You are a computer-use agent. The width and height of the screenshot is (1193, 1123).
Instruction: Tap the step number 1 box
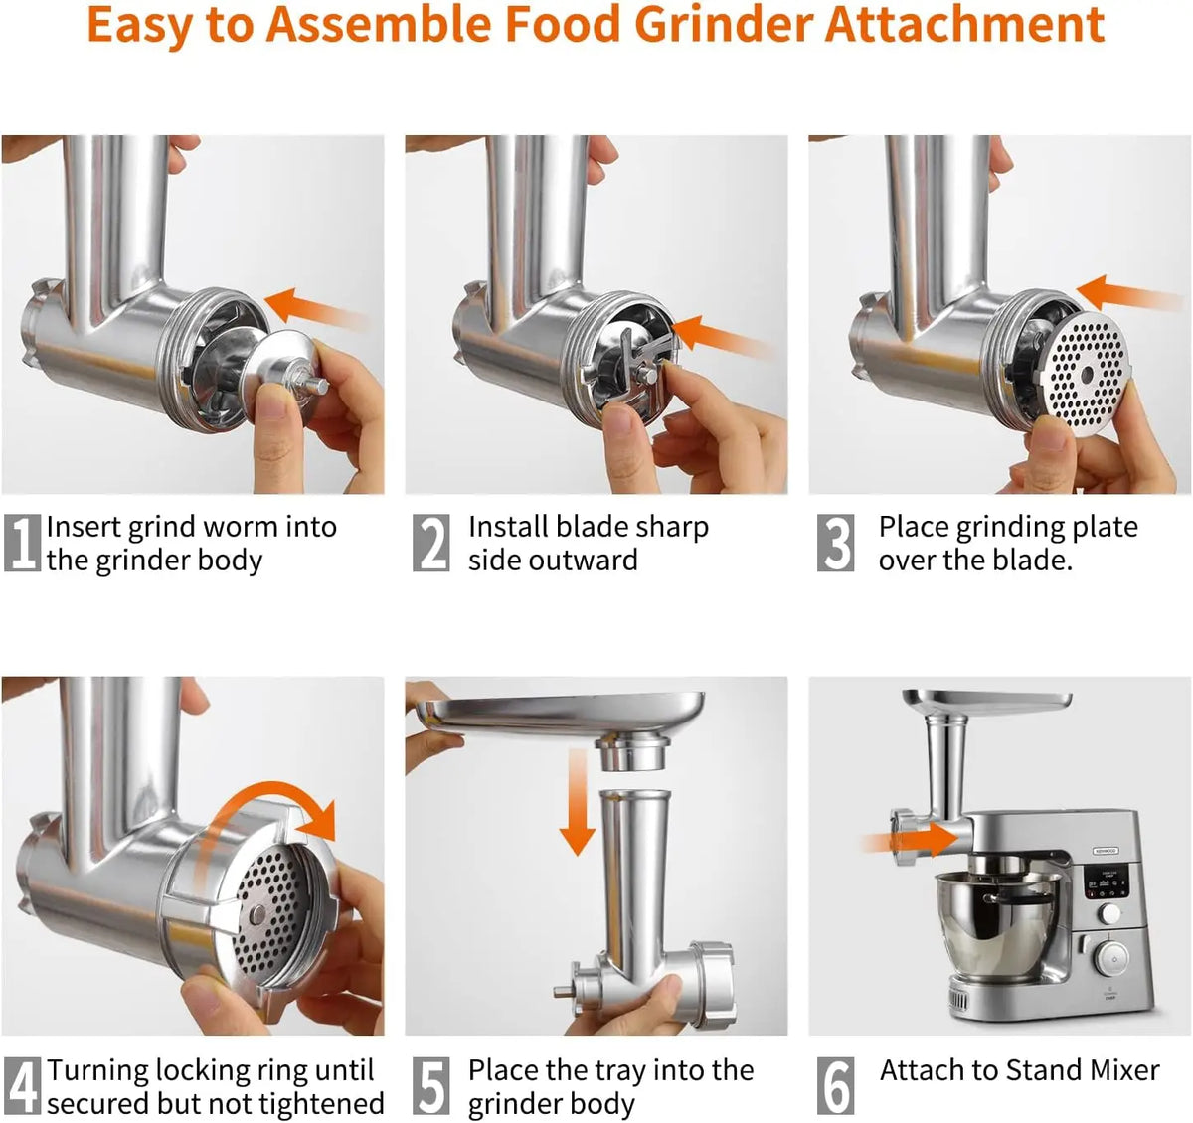coord(23,544)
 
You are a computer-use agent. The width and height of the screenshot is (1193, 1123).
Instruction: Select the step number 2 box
coord(431,544)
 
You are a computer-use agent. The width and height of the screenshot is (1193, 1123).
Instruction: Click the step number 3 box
coord(835,544)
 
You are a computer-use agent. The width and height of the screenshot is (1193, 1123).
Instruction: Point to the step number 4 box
coord(23,1086)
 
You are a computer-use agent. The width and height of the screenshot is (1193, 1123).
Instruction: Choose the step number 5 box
coord(431,1086)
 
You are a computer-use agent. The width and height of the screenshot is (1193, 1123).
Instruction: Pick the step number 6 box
coord(835,1086)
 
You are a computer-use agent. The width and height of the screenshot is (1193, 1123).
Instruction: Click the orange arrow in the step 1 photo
coord(316,309)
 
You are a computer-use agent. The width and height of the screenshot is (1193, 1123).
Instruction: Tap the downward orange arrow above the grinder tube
coord(578,802)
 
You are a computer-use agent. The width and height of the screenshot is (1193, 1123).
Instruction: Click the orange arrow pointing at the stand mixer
coord(910,839)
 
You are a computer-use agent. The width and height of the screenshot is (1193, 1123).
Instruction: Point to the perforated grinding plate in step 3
coord(1087,376)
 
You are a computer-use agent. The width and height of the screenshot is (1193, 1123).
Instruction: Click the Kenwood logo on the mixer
coord(1106,851)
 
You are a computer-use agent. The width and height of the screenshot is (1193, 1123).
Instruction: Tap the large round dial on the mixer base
coord(1113,960)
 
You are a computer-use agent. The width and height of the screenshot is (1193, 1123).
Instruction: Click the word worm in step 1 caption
coord(238,528)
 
